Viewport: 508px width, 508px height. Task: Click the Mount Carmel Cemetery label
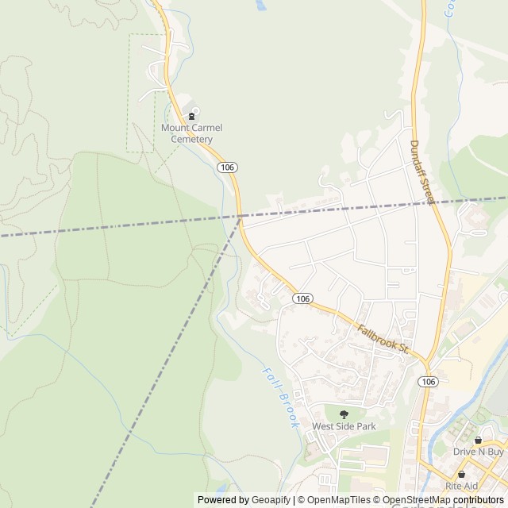pyautogui.click(x=192, y=133)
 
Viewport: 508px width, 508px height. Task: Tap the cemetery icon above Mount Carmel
pyautogui.click(x=192, y=116)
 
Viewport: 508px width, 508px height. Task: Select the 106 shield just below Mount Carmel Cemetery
pyautogui.click(x=227, y=167)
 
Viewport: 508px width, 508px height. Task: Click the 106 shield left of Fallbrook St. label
pyautogui.click(x=301, y=298)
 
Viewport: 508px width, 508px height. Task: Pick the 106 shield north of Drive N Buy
pyautogui.click(x=429, y=382)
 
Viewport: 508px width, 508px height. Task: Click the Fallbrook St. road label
pyautogui.click(x=382, y=338)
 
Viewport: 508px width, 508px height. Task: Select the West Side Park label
pyautogui.click(x=344, y=426)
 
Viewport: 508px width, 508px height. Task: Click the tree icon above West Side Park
pyautogui.click(x=344, y=414)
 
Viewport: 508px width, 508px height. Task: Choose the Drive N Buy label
pyautogui.click(x=479, y=452)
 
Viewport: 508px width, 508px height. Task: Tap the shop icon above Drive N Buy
pyautogui.click(x=478, y=440)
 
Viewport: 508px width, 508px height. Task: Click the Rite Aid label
pyautogui.click(x=462, y=485)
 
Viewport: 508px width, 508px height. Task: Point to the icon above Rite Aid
pyautogui.click(x=462, y=474)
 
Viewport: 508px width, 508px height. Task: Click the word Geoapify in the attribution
pyautogui.click(x=271, y=500)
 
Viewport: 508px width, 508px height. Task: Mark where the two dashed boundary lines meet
pyautogui.click(x=241, y=216)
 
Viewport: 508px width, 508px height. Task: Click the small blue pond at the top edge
pyautogui.click(x=260, y=4)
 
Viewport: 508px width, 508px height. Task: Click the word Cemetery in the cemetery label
pyautogui.click(x=192, y=138)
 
